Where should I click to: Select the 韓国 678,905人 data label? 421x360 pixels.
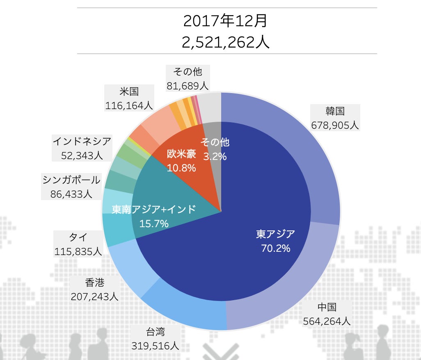[335, 118]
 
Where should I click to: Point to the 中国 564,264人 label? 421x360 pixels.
[327, 314]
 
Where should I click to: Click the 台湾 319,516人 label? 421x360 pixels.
[155, 338]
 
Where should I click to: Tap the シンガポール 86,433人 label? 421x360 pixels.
[71, 187]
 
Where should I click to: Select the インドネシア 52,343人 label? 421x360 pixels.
[82, 148]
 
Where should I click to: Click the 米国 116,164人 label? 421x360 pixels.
[129, 98]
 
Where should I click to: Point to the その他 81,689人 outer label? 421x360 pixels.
[188, 78]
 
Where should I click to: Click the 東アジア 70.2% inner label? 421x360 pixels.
[276, 241]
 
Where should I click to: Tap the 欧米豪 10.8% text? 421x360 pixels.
[181, 161]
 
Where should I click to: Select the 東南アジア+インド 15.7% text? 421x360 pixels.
[154, 216]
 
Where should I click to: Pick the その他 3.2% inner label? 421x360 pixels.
[215, 149]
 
